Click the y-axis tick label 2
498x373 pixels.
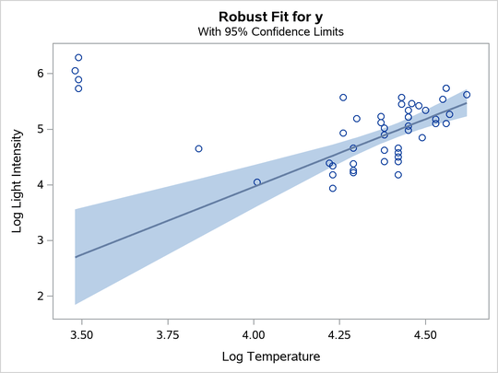point(40,296)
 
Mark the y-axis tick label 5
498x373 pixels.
point(40,129)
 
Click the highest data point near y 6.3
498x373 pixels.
point(78,57)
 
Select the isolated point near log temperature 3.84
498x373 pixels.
point(198,148)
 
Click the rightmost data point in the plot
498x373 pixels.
point(467,94)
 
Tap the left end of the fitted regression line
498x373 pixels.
point(76,257)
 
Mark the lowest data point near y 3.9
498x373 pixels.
point(333,188)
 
